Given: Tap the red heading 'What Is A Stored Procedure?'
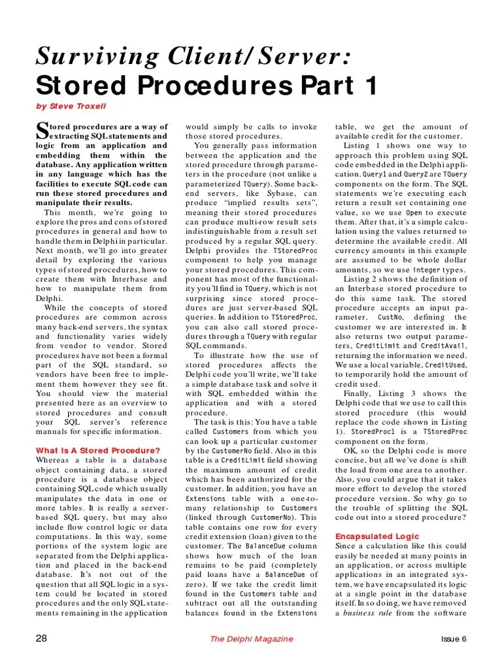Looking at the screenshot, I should tap(97, 450).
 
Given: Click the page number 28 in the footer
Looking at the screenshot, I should tap(41, 638).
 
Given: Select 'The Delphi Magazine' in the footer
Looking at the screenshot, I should tap(251, 639).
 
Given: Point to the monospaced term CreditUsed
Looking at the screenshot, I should tap(446, 365).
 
